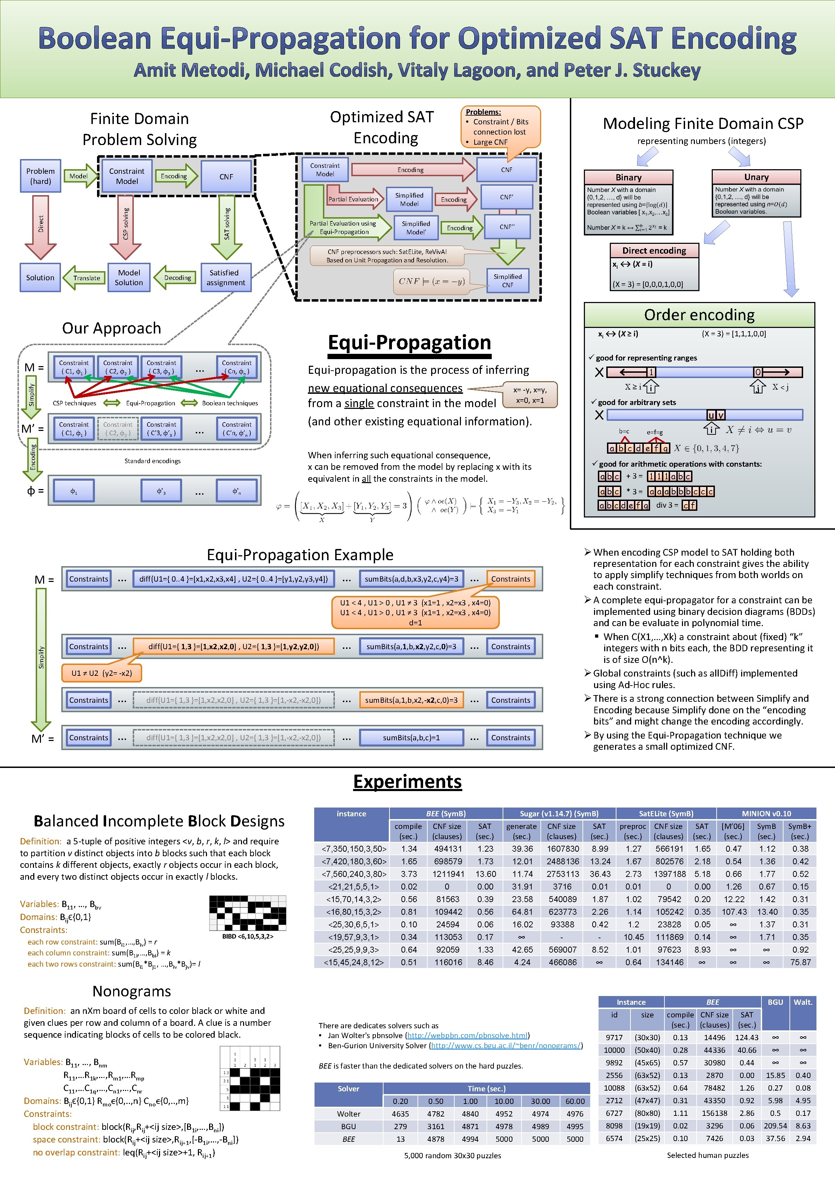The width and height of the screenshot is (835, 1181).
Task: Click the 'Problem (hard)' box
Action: (x=40, y=176)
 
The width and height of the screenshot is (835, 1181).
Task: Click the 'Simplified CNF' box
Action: (x=508, y=280)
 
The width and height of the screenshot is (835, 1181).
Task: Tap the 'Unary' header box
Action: (x=756, y=177)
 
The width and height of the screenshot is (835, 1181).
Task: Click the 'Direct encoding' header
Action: (x=654, y=250)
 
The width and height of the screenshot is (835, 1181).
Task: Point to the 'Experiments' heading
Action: (x=407, y=781)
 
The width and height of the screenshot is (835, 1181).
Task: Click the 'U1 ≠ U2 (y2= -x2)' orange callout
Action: (x=101, y=673)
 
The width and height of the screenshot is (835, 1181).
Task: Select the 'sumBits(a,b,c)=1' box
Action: (x=411, y=737)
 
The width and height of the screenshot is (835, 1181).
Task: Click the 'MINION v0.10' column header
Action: (x=766, y=813)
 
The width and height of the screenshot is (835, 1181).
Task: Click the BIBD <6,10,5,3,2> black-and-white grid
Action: (x=247, y=913)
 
